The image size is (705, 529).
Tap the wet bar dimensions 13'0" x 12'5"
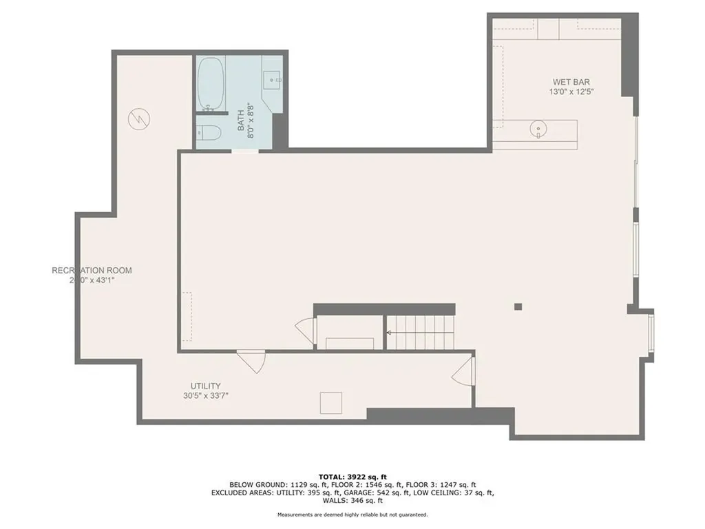click(x=570, y=92)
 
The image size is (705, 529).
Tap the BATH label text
click(x=242, y=122)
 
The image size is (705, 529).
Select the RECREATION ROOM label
click(x=92, y=270)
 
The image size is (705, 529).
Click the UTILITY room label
click(x=206, y=386)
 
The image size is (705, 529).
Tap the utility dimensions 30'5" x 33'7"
click(x=206, y=395)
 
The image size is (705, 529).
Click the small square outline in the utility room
click(x=331, y=402)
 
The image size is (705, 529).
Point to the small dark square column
click(x=518, y=307)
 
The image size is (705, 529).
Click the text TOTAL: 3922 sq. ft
click(x=352, y=477)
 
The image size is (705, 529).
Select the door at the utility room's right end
click(x=463, y=373)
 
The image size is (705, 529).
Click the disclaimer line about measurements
click(x=352, y=515)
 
